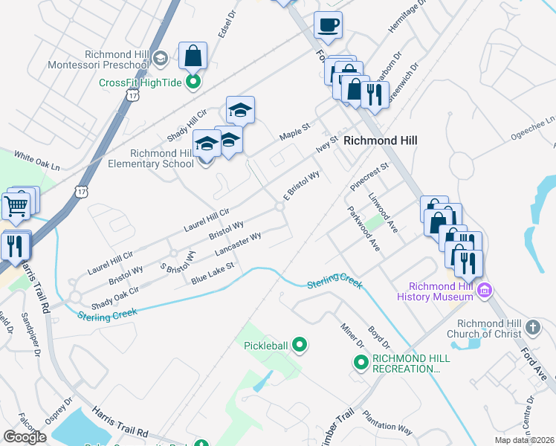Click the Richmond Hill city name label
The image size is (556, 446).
coord(380,140)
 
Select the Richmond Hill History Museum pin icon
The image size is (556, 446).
coord(485,288)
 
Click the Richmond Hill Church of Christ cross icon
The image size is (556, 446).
coord(533,327)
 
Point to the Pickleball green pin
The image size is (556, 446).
coord(300,345)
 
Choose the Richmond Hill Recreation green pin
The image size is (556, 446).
coord(361,363)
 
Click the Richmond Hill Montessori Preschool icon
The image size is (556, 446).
coord(159,58)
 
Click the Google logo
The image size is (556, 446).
coord(25,436)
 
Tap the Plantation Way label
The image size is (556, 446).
coord(387,421)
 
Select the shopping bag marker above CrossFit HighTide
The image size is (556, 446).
coord(193,56)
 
